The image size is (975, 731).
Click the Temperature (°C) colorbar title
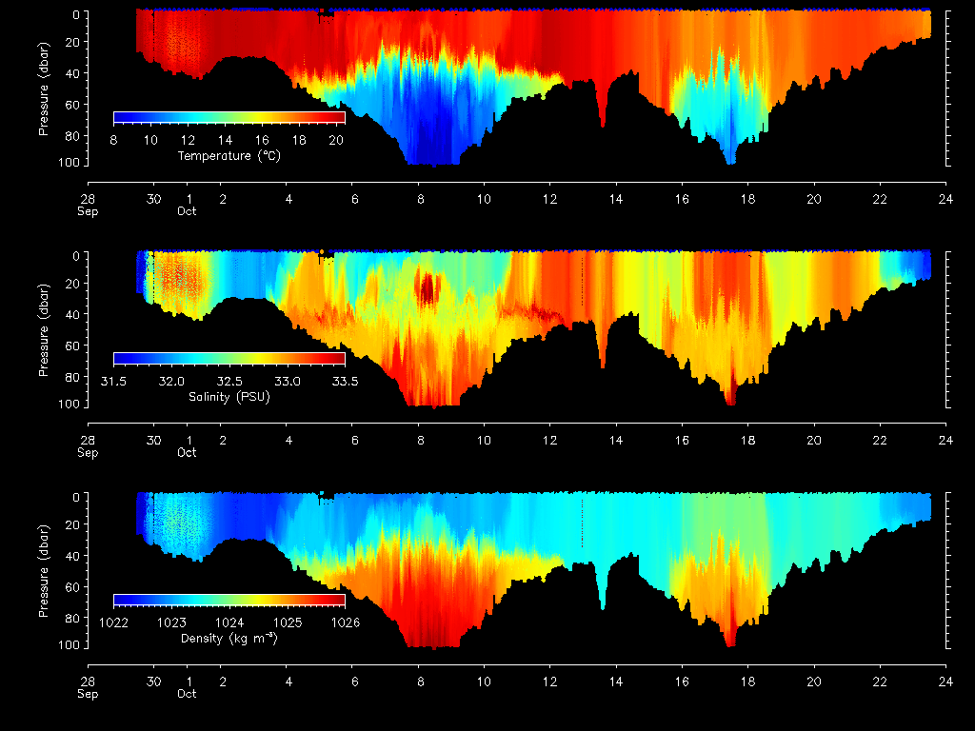coord(229,155)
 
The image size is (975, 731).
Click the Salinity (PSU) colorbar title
coord(229,396)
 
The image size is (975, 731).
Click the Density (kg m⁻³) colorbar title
coord(229,638)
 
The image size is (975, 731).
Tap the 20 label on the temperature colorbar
coord(336,140)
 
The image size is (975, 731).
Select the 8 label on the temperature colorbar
coord(114,140)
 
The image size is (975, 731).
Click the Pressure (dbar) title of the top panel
coord(44,86)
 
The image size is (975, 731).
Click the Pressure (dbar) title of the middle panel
coord(44,326)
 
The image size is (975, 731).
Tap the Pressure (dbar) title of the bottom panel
coord(44,568)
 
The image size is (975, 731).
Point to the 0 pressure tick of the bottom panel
coord(79,496)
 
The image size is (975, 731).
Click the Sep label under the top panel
coord(88,211)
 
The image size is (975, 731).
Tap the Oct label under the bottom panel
coord(187,694)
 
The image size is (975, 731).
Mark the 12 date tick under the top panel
coord(550,199)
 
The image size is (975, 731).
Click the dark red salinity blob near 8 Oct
coord(426,287)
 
